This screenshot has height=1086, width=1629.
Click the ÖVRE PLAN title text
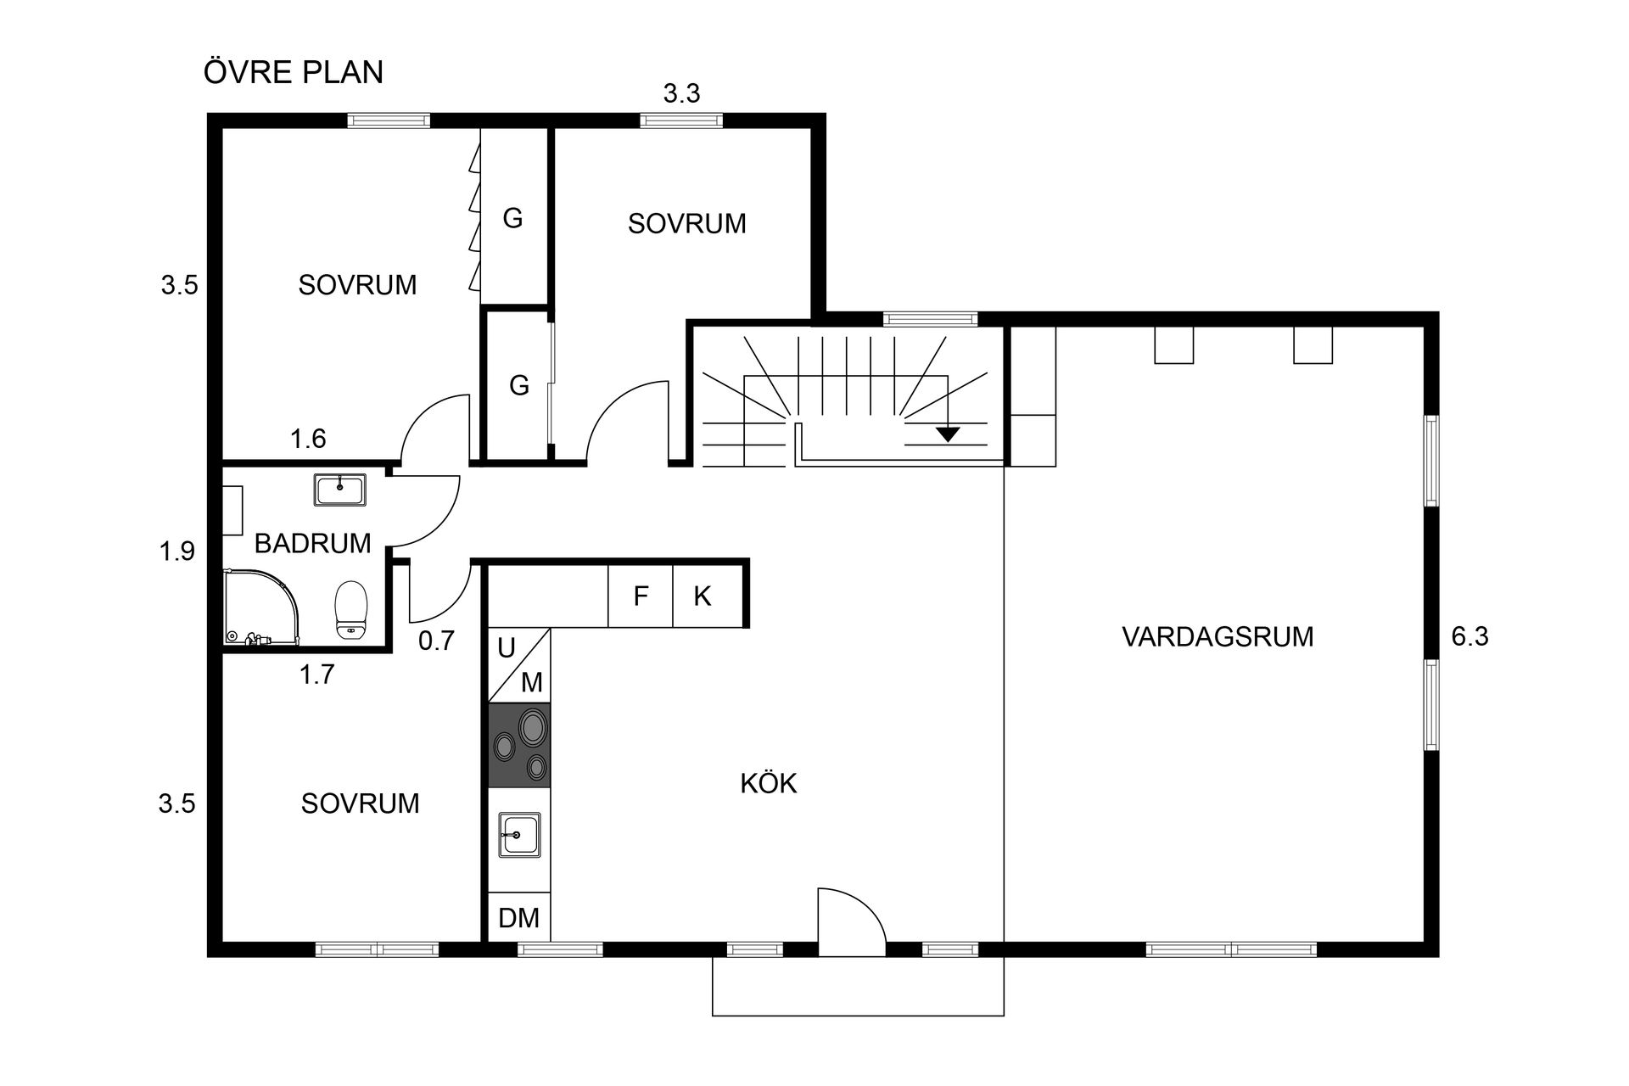(293, 72)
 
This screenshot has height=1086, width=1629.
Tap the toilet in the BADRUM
(351, 609)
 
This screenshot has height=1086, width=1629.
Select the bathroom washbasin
(339, 490)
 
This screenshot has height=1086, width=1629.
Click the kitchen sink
(519, 835)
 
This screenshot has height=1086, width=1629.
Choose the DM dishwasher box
(519, 918)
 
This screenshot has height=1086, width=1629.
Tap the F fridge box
(641, 596)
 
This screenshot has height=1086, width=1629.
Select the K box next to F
(703, 596)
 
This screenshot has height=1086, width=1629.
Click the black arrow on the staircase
(948, 434)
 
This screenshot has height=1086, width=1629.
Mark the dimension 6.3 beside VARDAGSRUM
(1469, 636)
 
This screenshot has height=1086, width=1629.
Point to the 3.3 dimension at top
(681, 93)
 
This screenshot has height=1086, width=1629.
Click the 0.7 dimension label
(436, 641)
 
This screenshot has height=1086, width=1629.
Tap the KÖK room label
(769, 783)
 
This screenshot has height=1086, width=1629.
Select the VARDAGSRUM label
(1218, 636)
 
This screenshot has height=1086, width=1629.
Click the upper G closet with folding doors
(513, 218)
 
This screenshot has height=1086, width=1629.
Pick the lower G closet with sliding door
(518, 386)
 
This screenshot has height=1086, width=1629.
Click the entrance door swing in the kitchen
(848, 921)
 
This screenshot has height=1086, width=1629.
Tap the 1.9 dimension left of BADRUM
(177, 551)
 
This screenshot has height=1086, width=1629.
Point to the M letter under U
(532, 681)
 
